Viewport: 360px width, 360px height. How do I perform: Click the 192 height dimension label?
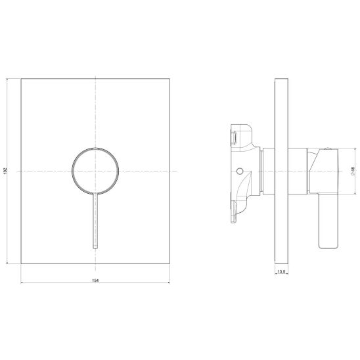(x=5, y=171)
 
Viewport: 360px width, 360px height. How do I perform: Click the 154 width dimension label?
(x=95, y=281)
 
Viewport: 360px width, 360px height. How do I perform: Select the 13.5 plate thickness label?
(x=281, y=272)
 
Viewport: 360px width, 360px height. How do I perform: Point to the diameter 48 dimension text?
(x=353, y=171)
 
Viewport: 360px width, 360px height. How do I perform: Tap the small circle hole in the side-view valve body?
(x=240, y=171)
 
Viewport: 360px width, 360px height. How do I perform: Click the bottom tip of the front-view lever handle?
(x=95, y=248)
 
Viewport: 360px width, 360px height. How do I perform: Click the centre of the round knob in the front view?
(x=95, y=171)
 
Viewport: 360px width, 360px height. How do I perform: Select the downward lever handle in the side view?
(x=328, y=221)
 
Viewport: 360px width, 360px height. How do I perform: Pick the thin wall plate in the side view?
(x=281, y=171)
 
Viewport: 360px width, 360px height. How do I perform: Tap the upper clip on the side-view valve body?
(x=234, y=137)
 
